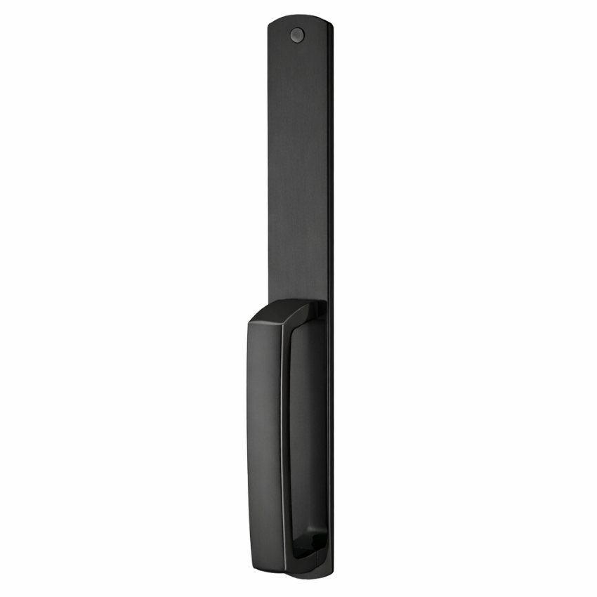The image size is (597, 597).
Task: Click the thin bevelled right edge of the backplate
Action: pyautogui.click(x=330, y=176)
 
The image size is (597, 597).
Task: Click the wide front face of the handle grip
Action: pyautogui.click(x=265, y=435)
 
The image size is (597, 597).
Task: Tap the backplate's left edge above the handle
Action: pyautogui.click(x=268, y=176)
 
